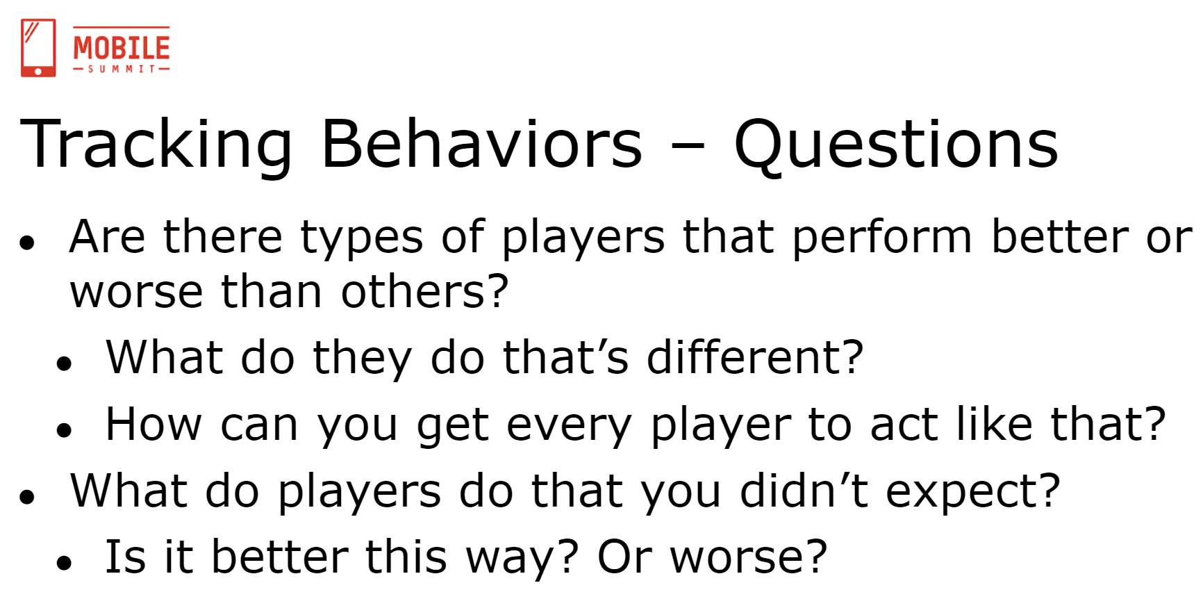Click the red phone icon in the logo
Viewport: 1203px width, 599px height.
pos(38,48)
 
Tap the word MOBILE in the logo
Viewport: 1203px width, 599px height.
pos(122,47)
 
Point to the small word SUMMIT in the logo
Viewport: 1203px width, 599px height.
pos(122,69)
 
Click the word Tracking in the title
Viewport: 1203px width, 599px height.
pos(158,145)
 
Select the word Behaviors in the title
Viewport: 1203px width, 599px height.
pos(481,144)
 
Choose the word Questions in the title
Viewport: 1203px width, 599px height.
pos(896,145)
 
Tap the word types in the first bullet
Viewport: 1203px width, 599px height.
pos(362,238)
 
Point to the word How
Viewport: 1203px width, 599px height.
pos(153,424)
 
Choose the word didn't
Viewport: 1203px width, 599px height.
pos(804,490)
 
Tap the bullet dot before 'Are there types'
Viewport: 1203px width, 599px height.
pos(28,244)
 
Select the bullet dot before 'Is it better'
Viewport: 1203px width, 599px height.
pos(65,564)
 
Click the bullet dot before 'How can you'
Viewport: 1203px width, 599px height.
pos(65,430)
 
